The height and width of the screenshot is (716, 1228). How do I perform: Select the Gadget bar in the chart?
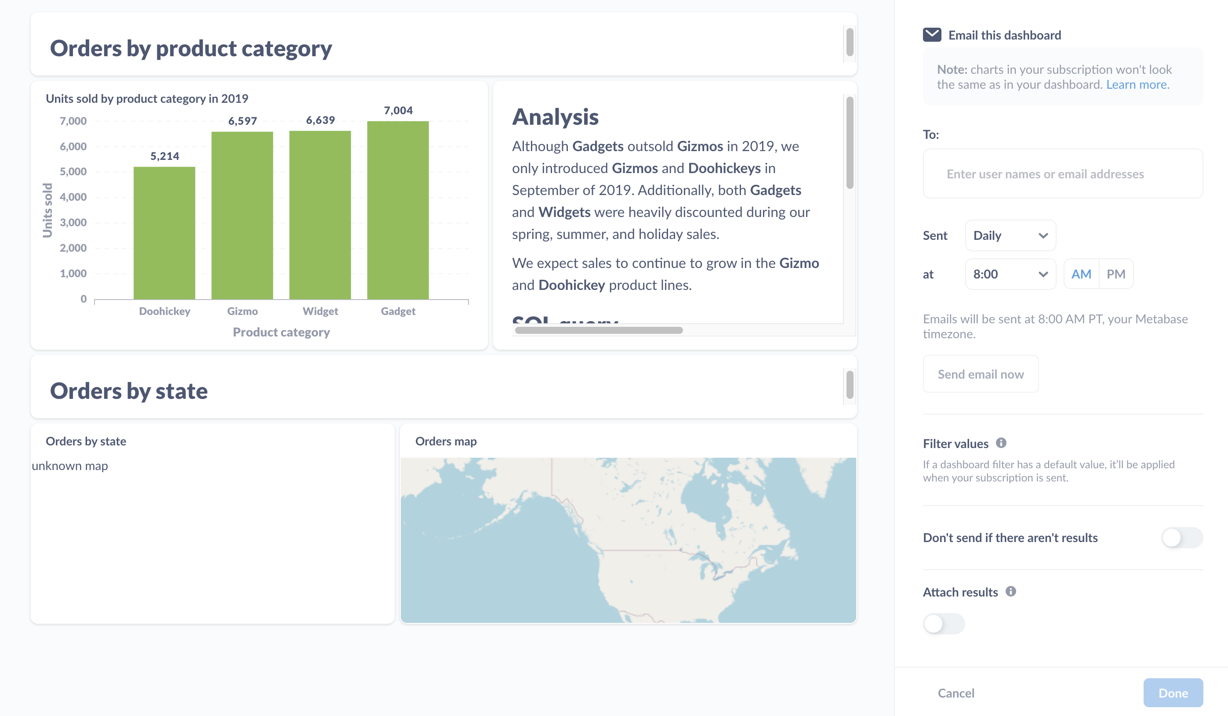click(398, 210)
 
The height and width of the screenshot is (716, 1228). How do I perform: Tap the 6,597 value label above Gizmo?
click(242, 121)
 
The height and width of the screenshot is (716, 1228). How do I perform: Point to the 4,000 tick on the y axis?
click(73, 197)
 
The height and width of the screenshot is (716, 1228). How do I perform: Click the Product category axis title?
click(281, 332)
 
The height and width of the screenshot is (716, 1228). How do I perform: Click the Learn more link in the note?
click(1137, 85)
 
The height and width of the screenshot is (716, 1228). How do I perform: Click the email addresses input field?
click(1062, 174)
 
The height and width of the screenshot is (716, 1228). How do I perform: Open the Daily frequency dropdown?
click(1010, 236)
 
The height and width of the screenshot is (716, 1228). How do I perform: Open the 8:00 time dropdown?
click(1010, 274)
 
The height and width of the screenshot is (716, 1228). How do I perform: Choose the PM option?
click(1115, 274)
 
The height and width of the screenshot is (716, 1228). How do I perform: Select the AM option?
click(1080, 274)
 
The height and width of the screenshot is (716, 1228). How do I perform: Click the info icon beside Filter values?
click(1001, 443)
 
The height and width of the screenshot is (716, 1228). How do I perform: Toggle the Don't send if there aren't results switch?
click(1181, 538)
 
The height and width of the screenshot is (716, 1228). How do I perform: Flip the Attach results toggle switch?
click(944, 623)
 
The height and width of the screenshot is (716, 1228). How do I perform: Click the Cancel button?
click(956, 693)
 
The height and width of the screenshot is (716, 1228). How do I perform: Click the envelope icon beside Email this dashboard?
click(932, 35)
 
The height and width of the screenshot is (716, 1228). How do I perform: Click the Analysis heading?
click(555, 117)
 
